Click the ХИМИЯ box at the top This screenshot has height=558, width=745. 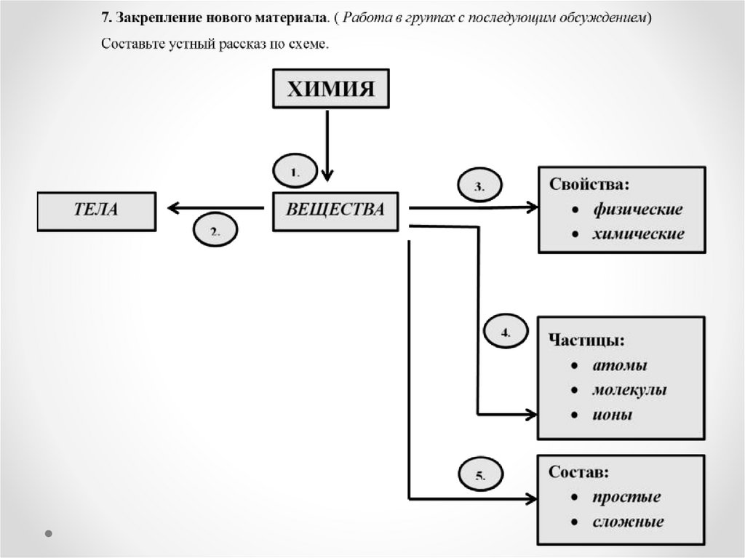pyautogui.click(x=330, y=89)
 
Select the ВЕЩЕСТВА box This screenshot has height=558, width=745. pyautogui.click(x=335, y=210)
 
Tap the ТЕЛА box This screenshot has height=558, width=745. pyautogui.click(x=96, y=210)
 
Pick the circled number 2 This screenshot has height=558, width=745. pyautogui.click(x=215, y=232)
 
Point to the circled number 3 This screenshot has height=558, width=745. pyautogui.click(x=479, y=186)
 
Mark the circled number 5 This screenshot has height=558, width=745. pyautogui.click(x=479, y=476)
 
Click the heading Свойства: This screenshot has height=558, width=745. pyautogui.click(x=589, y=185)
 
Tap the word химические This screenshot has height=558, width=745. pyautogui.click(x=638, y=234)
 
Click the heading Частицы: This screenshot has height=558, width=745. pyautogui.click(x=586, y=340)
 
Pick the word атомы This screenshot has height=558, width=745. pyautogui.click(x=619, y=365)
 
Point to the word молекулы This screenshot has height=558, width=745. pyautogui.click(x=629, y=390)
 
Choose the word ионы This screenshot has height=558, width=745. pyautogui.click(x=612, y=415)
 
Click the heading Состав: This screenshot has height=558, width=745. pyautogui.click(x=579, y=472)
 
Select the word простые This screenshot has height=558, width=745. pyautogui.click(x=626, y=498)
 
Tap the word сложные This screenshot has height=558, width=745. pyautogui.click(x=628, y=522)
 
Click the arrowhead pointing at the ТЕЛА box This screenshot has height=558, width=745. pyautogui.click(x=173, y=208)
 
